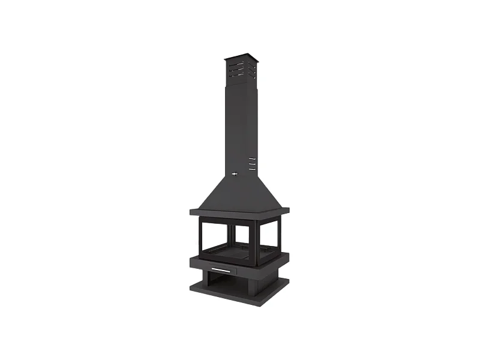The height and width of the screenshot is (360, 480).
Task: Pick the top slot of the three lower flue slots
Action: click(x=252, y=159)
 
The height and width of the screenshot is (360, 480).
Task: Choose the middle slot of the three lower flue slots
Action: click(x=252, y=164)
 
